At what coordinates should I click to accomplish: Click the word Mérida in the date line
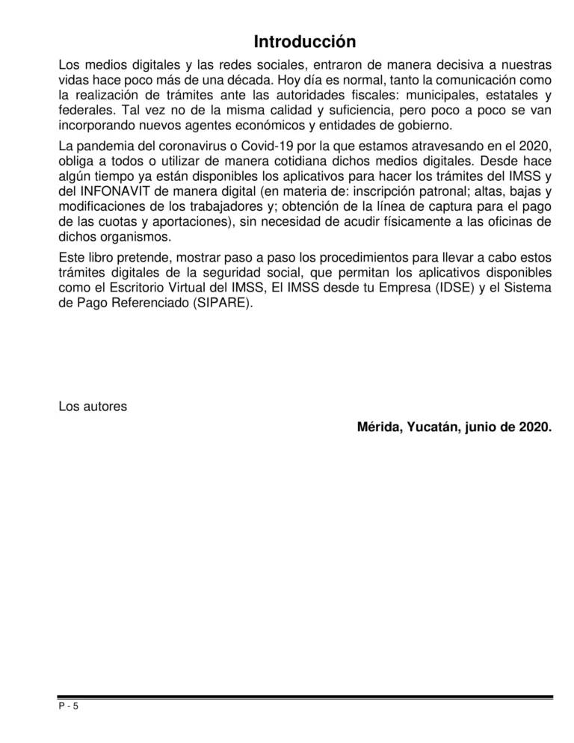pos(378,428)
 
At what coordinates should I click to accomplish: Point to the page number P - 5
pos(68,706)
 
